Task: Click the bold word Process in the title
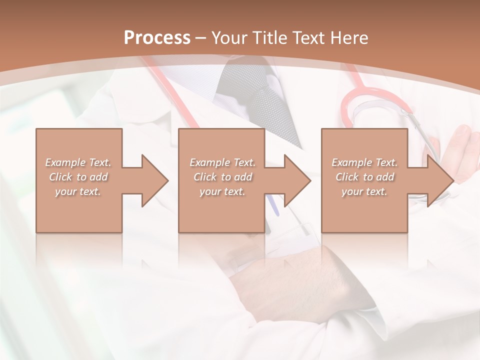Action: [x=157, y=37]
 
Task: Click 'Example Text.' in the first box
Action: [x=78, y=162]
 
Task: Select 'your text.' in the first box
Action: [x=78, y=191]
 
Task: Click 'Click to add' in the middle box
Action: [x=222, y=177]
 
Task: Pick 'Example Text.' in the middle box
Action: [x=222, y=162]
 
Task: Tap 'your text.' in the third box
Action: [x=364, y=191]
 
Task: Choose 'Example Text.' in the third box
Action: [x=364, y=162]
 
